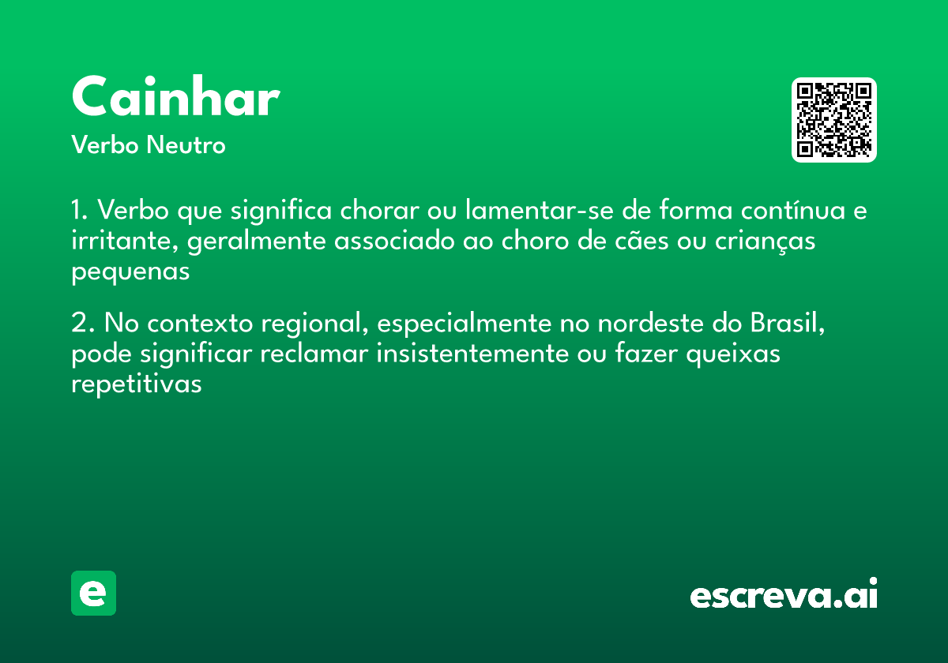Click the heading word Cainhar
click(x=175, y=96)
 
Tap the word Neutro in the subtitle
click(x=186, y=144)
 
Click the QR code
click(x=833, y=120)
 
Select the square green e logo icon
click(x=93, y=593)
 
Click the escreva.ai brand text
click(x=784, y=594)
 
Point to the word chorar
click(x=380, y=210)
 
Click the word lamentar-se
click(x=540, y=210)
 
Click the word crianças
click(x=766, y=242)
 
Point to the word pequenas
click(x=130, y=272)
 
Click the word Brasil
click(x=788, y=323)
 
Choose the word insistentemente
click(x=472, y=354)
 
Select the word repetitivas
click(x=136, y=384)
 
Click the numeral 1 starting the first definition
click(x=76, y=210)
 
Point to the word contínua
click(x=792, y=210)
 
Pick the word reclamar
click(x=314, y=354)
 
